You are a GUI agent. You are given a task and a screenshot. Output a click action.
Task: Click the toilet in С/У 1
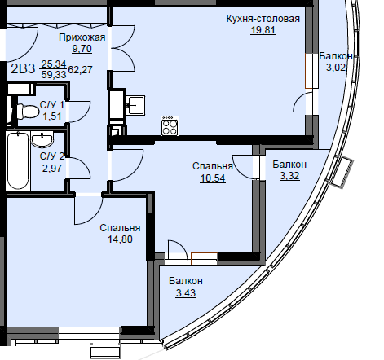pos(28,112)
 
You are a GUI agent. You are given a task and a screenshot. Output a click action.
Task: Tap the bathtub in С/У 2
pos(18,160)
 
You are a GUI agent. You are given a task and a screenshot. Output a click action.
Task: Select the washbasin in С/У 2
pos(42,139)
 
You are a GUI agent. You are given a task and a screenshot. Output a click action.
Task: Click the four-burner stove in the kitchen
pos(170,125)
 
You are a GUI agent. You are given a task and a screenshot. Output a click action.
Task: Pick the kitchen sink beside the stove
pos(137,104)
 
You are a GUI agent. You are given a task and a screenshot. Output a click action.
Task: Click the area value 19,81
pos(263,30)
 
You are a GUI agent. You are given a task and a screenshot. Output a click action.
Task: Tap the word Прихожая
pos(82,37)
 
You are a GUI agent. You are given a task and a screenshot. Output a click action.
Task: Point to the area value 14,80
pos(120,239)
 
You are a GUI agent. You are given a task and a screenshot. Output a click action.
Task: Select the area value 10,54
pos(213,178)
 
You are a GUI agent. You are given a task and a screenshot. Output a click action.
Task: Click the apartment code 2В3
pos(23,69)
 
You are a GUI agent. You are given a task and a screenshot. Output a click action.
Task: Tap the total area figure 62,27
pos(80,70)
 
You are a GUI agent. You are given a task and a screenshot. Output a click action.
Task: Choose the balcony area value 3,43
pos(186,293)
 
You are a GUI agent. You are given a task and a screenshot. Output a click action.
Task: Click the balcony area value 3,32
pos(289,176)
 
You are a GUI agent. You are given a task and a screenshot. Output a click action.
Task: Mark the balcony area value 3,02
pos(336,68)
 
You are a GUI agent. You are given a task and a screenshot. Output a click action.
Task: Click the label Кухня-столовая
pos(263,19)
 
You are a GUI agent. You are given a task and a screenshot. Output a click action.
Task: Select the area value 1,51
pos(52,116)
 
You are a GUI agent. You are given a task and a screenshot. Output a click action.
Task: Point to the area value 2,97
pos(52,169)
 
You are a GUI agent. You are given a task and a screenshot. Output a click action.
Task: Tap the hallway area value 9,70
pos(82,49)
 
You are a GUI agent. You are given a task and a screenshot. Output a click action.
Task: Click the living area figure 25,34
pos(54,64)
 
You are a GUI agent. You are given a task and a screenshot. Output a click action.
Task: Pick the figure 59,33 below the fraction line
pos(54,75)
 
